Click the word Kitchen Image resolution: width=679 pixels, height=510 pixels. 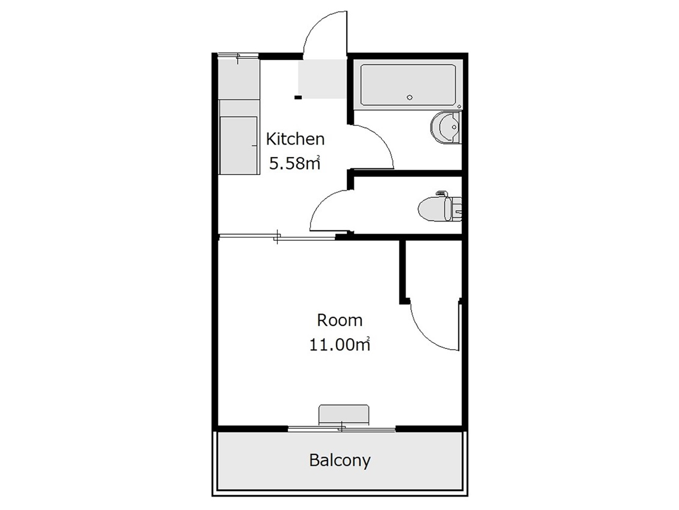[295, 139]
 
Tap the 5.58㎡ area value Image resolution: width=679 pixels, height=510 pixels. [294, 164]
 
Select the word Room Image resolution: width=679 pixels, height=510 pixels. [339, 320]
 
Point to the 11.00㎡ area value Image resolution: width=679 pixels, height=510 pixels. [339, 344]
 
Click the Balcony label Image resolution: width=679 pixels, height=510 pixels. [339, 461]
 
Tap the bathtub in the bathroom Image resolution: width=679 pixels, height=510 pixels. [408, 85]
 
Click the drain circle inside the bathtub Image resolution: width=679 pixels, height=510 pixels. [410, 97]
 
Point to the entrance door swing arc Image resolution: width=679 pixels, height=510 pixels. [316, 25]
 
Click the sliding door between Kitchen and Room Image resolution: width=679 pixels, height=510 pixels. [277, 237]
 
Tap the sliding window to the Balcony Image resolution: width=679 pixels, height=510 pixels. [342, 429]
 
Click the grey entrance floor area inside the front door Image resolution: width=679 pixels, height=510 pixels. [322, 79]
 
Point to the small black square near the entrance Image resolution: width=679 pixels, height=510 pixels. [298, 97]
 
